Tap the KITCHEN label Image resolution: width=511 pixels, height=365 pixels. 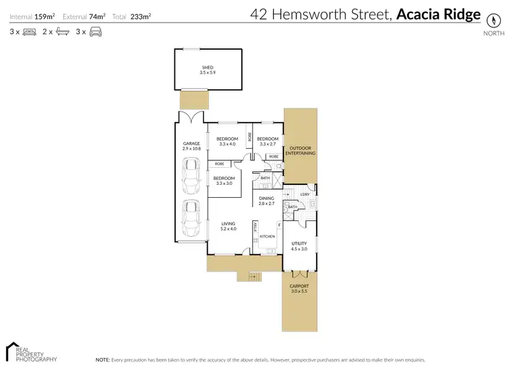click(266, 236)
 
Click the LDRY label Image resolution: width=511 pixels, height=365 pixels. click(305, 194)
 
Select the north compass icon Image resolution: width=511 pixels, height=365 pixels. click(489, 20)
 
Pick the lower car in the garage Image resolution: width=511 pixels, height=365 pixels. click(191, 218)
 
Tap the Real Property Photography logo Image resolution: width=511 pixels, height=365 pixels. click(31, 351)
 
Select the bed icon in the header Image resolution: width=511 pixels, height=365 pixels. click(29, 31)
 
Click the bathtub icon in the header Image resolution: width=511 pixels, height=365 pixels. click(62, 31)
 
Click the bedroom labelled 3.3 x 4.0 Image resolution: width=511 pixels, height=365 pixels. click(228, 141)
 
